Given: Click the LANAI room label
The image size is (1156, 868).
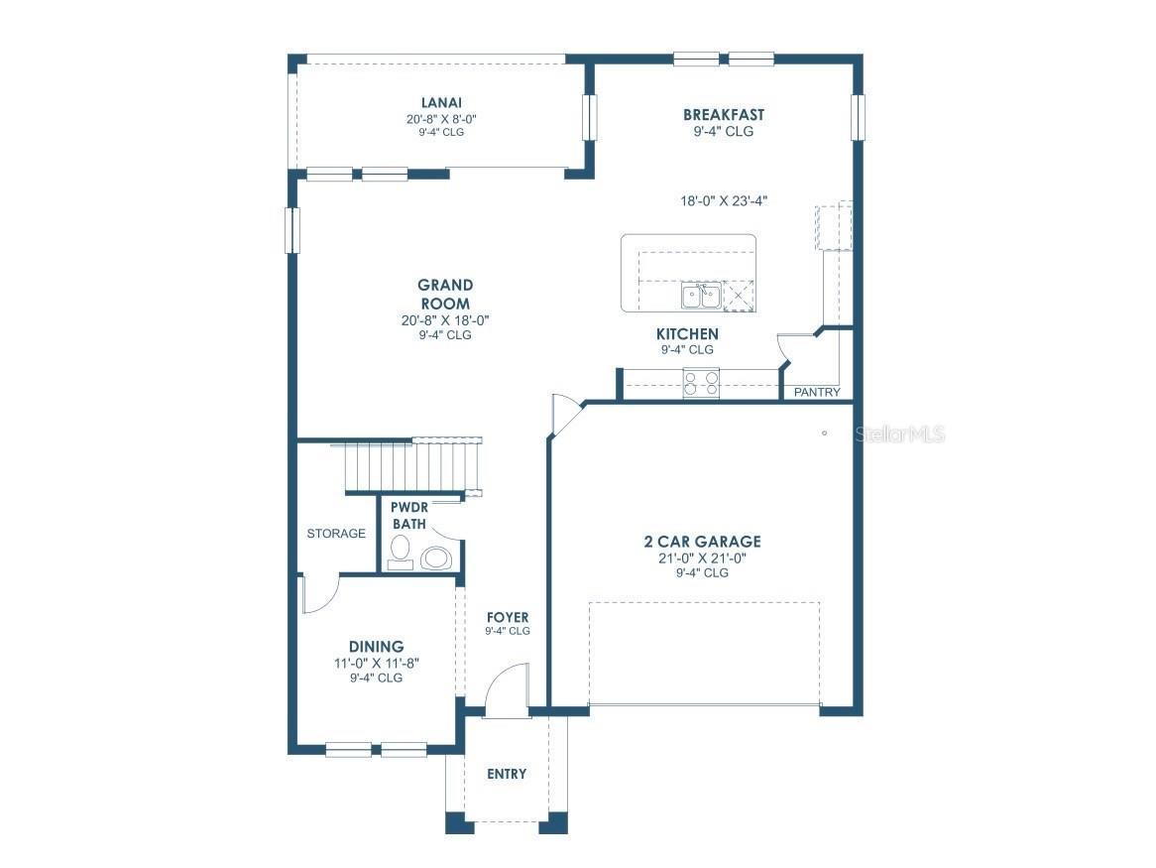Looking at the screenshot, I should point(441,102).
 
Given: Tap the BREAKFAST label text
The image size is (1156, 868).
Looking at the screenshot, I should point(723,115).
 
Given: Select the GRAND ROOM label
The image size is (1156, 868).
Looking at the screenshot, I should point(444,295).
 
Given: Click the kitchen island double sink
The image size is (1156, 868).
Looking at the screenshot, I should point(700,295).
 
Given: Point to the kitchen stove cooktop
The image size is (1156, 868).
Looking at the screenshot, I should point(701,383).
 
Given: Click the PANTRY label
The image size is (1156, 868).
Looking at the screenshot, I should point(817,392).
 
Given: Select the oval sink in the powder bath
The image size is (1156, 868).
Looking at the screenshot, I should point(436,558).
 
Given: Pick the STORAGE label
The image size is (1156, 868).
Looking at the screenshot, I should point(336,534).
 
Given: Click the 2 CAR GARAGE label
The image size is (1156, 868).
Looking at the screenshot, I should point(702,542).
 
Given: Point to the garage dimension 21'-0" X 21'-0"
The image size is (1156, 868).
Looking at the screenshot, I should point(702,558).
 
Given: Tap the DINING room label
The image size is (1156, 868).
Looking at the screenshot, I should point(376,647).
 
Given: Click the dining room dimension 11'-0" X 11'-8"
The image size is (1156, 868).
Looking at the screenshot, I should point(376,664).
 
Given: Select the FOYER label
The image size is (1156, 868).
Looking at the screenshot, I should point(508,617).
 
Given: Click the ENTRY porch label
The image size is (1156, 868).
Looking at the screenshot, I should point(507,774).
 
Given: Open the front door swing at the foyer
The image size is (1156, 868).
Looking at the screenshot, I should point(508,690).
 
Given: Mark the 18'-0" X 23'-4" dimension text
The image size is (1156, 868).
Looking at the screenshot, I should point(724,200).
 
